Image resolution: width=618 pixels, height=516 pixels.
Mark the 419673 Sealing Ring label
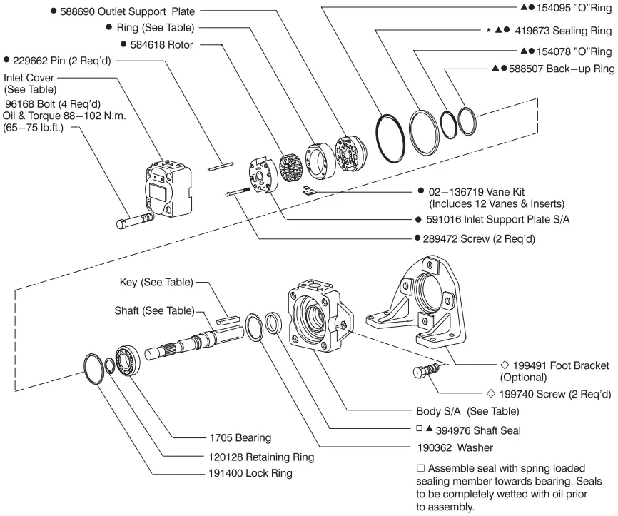point(566,31)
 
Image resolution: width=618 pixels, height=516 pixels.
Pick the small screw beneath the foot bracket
point(425,373)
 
